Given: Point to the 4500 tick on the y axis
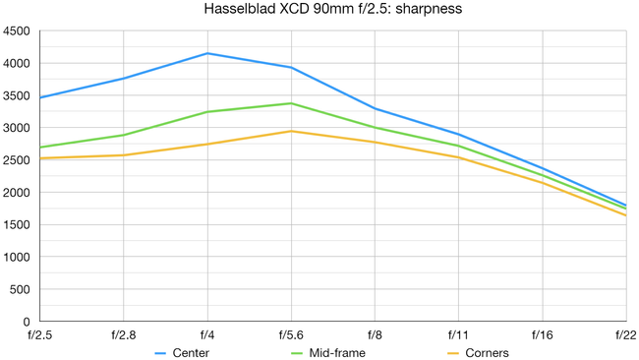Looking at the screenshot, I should (17, 31).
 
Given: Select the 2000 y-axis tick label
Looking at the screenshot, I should (17, 193).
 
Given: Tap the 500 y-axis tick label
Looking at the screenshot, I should (21, 289).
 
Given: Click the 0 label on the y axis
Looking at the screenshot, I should (28, 322).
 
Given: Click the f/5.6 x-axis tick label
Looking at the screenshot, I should (291, 334).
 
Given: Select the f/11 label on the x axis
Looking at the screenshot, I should (458, 334).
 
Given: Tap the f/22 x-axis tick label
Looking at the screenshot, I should (625, 334).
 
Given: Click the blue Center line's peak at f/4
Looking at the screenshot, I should (207, 53).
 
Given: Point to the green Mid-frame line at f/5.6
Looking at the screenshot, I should (291, 103).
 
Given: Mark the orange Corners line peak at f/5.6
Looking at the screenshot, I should (291, 131).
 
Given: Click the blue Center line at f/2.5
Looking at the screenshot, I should (40, 97).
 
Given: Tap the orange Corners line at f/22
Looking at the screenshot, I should (625, 215).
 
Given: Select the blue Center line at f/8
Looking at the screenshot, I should (375, 108).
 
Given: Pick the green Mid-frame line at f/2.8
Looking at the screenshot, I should (124, 135).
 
